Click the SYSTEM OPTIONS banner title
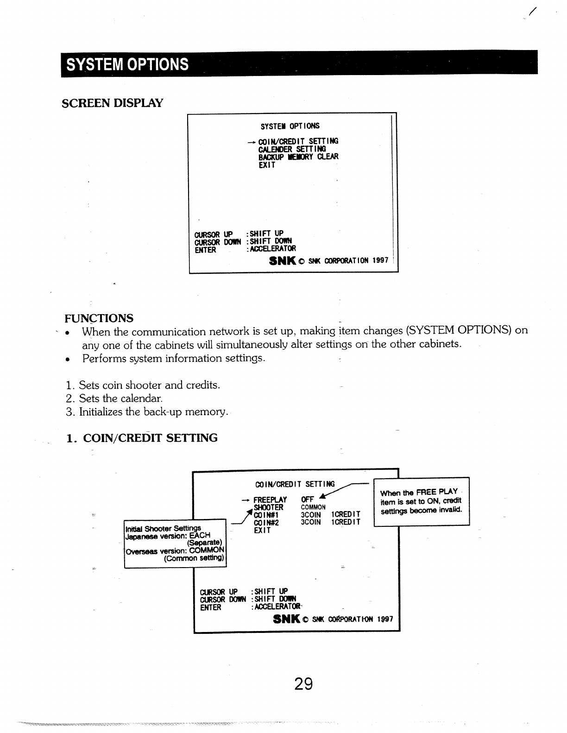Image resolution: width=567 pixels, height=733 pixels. click(x=128, y=64)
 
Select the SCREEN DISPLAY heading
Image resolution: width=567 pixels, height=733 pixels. click(x=113, y=102)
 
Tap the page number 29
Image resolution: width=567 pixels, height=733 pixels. click(x=303, y=683)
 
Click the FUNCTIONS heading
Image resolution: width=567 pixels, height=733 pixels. click(x=99, y=318)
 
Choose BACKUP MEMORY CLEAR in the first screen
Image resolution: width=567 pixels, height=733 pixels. click(x=298, y=157)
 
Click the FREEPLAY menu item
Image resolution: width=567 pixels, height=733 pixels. click(x=270, y=500)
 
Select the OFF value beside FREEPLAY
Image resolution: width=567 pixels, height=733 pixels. click(x=307, y=499)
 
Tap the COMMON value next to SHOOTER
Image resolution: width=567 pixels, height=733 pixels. click(x=313, y=507)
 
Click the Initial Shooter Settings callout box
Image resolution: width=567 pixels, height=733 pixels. click(x=175, y=543)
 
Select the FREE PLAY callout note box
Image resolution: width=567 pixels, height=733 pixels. click(x=421, y=501)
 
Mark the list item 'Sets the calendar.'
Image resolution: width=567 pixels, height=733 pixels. click(x=120, y=398)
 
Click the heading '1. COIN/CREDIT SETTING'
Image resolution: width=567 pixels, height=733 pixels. click(x=142, y=438)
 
